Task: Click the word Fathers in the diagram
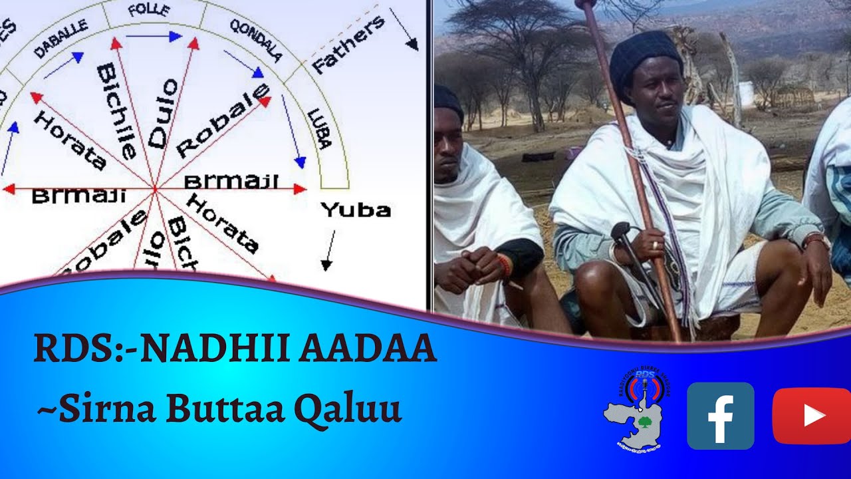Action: click(348, 44)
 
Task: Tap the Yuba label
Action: click(356, 210)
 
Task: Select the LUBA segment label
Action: click(319, 128)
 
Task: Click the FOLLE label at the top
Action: click(149, 11)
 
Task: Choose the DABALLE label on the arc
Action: click(61, 39)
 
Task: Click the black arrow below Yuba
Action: click(328, 251)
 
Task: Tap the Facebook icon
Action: click(720, 416)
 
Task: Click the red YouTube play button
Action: click(812, 416)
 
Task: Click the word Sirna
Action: click(101, 408)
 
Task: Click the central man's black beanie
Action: click(645, 57)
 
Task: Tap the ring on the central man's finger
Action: click(654, 245)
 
